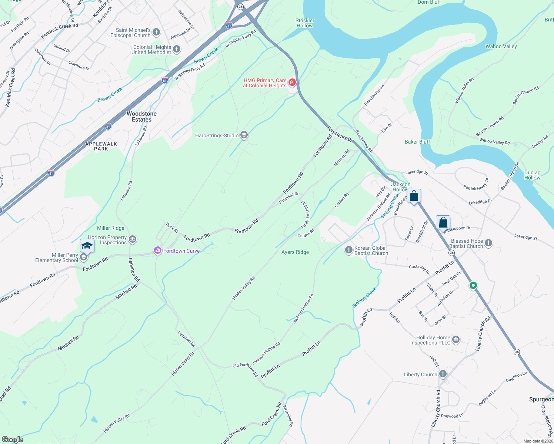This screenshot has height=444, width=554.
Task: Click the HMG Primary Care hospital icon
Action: click(292, 82)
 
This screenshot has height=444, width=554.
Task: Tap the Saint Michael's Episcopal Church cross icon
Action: click(156, 32)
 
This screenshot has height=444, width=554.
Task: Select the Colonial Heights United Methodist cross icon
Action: click(177, 49)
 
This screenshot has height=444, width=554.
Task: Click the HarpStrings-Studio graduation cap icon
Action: click(244, 135)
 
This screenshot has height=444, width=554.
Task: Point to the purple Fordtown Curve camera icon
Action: click(158, 251)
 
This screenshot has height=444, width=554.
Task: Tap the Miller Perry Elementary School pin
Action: click(87, 246)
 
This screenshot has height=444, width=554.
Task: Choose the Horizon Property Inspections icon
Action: click(133, 240)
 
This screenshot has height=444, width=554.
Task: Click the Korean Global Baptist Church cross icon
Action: click(348, 250)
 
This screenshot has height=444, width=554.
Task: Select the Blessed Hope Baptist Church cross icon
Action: click(488, 243)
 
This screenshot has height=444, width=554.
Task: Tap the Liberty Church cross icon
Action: click(443, 374)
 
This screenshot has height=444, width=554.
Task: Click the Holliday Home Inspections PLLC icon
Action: click(456, 340)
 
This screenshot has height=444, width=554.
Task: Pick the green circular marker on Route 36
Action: click(473, 286)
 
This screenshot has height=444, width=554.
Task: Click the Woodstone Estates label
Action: click(142, 117)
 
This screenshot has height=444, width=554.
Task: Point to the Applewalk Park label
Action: click(101, 146)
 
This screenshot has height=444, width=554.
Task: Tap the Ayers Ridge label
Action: click(295, 252)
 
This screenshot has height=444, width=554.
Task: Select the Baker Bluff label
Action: click(417, 142)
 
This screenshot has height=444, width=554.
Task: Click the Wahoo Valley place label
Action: click(501, 46)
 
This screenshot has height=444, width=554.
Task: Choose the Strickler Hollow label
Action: click(305, 23)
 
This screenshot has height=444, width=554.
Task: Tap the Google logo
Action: click(12, 439)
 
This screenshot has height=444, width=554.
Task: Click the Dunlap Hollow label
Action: click(532, 175)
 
